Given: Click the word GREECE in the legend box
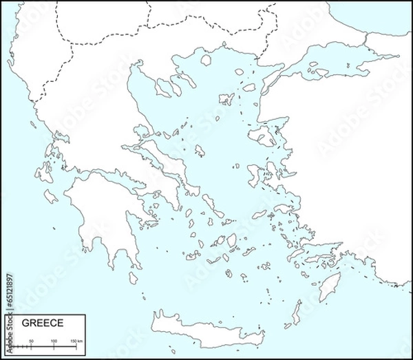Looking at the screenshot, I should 43,323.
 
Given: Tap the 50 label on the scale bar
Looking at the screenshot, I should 31,341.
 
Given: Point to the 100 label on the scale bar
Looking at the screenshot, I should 54,341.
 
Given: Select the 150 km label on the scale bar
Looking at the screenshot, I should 76,341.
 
